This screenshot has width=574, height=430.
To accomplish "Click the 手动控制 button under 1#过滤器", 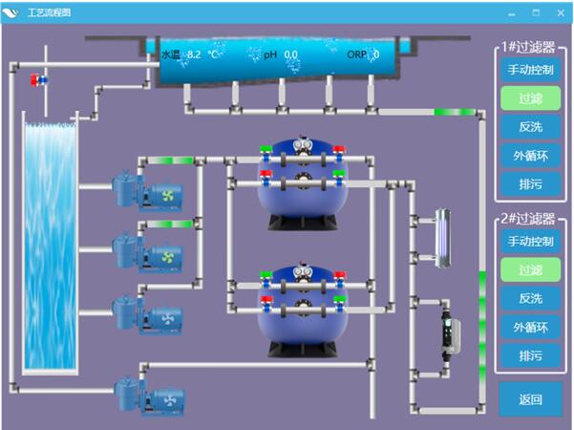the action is click(530, 70).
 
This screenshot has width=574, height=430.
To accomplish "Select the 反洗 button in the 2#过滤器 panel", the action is click(530, 298).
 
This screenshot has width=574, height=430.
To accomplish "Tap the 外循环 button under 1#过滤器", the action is click(530, 156).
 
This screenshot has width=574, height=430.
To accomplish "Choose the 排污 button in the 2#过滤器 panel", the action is click(530, 355).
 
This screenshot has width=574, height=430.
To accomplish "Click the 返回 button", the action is click(530, 399).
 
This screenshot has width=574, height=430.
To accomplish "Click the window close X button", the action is click(561, 13).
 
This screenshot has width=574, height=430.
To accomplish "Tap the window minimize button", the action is click(512, 14).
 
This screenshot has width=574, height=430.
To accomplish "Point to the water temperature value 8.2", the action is click(194, 54).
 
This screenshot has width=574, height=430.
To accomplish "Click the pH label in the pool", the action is click(270, 54).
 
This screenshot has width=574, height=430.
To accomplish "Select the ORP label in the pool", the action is click(356, 54).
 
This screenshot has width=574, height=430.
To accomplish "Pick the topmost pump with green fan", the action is click(147, 192).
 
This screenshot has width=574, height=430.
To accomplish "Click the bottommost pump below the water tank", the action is click(149, 398).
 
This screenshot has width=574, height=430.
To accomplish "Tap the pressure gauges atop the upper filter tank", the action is click(304, 144).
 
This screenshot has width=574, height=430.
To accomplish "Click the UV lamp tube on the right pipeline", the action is click(442, 238).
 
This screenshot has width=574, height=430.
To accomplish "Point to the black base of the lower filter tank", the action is click(303, 349).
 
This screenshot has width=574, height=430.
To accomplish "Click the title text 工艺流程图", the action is click(49, 12).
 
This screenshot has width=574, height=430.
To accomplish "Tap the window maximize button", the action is click(536, 12).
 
